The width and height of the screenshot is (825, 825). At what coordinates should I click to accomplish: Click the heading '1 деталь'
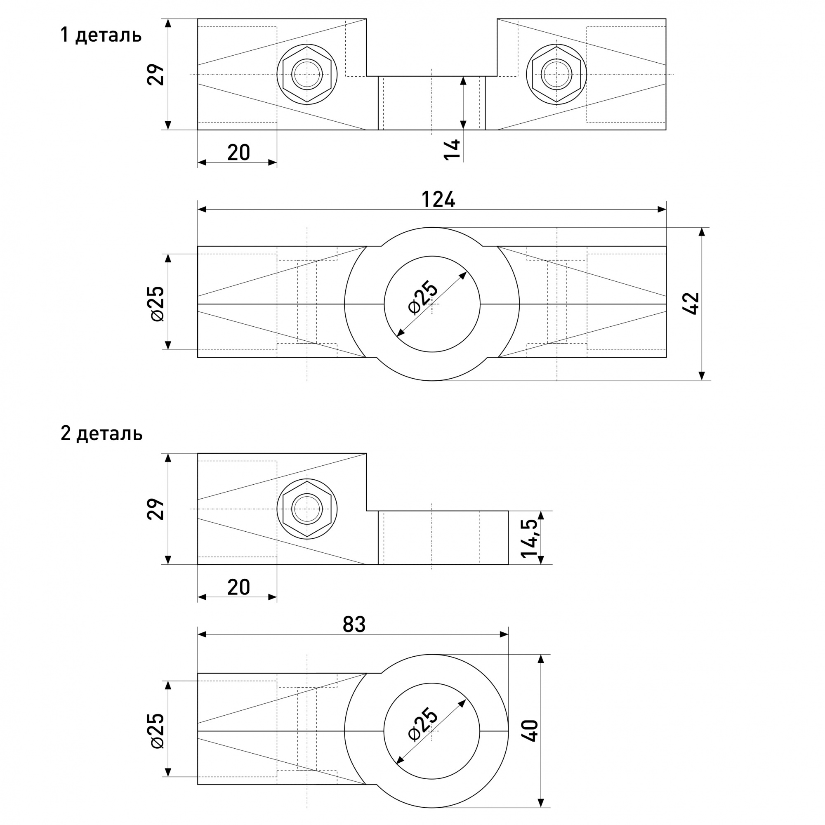click(x=101, y=35)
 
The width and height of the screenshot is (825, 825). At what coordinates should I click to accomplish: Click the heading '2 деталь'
click(x=101, y=434)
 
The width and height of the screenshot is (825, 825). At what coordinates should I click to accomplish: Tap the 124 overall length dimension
click(x=438, y=199)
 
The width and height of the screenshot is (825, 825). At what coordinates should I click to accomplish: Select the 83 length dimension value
click(x=354, y=624)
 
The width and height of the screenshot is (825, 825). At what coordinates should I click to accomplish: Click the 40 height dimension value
click(x=532, y=731)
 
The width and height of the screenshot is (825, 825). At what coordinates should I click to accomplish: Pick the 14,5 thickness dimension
click(x=530, y=537)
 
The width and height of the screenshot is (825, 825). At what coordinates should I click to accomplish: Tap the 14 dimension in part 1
click(x=453, y=149)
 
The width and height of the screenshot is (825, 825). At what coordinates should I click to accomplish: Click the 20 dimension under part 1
click(x=238, y=153)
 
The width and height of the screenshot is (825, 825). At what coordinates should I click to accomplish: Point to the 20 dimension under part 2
click(x=238, y=587)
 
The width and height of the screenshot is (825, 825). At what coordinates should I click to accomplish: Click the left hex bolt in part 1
click(x=307, y=74)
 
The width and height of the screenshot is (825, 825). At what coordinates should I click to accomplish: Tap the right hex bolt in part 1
click(x=556, y=74)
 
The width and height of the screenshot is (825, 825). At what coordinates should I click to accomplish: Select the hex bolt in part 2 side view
click(x=307, y=509)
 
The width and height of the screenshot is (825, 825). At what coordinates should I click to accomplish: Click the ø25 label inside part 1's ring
click(x=423, y=297)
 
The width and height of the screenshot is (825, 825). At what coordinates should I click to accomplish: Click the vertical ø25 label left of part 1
click(x=157, y=304)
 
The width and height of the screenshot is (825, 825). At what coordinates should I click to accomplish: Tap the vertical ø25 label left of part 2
click(x=157, y=730)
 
